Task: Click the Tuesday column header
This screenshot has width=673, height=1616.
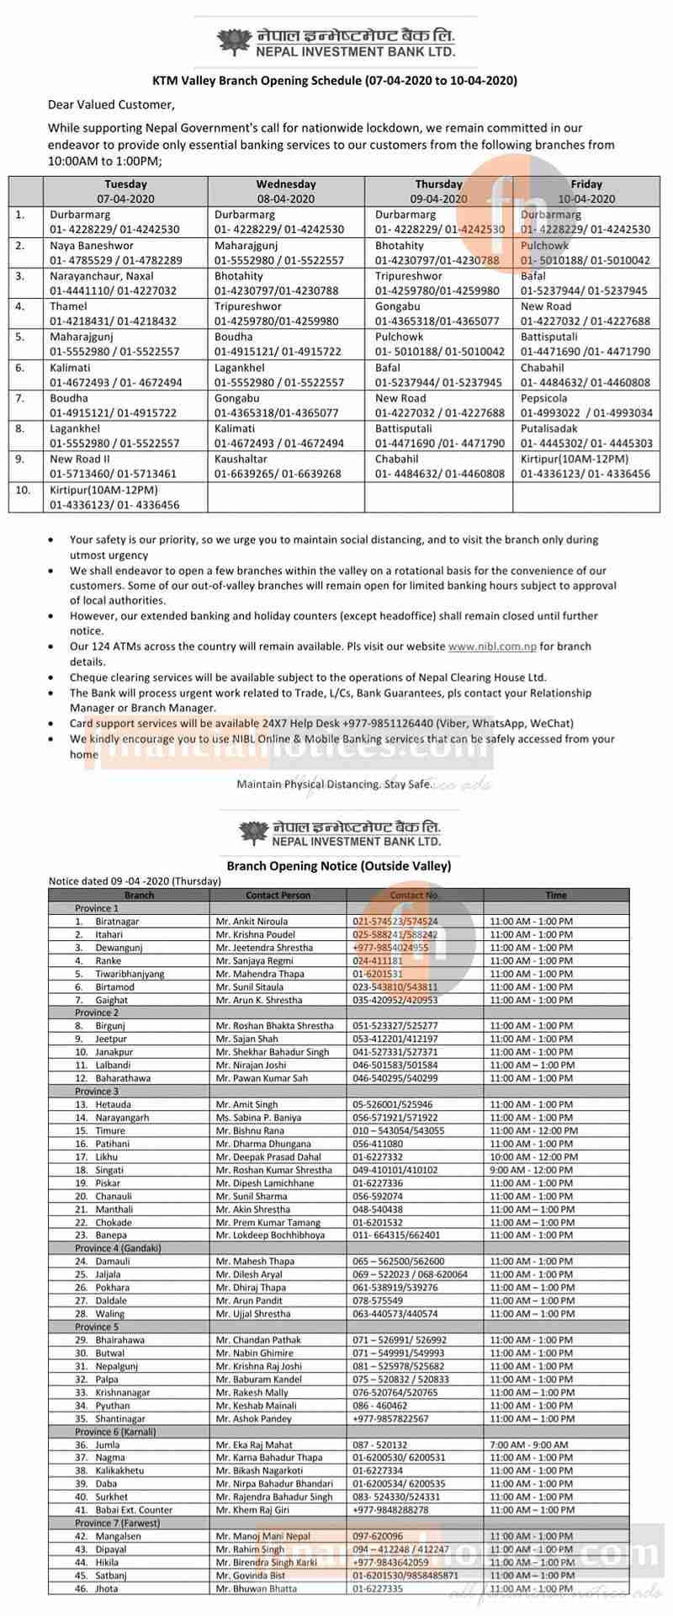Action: tap(125, 191)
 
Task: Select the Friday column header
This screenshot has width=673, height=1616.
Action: tap(586, 191)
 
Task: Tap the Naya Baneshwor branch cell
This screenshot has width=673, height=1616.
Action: tap(115, 252)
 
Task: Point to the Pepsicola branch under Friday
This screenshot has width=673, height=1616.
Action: tap(586, 406)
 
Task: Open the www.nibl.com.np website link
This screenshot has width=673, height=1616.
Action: tap(492, 646)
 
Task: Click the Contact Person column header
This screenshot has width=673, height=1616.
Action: tap(278, 895)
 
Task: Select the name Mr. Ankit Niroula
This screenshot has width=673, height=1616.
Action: tap(252, 921)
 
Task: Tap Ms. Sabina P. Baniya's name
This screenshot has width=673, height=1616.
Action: tap(257, 1117)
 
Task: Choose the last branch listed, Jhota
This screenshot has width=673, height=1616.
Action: tap(107, 1588)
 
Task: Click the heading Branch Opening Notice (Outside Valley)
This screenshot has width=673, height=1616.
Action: tap(338, 865)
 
